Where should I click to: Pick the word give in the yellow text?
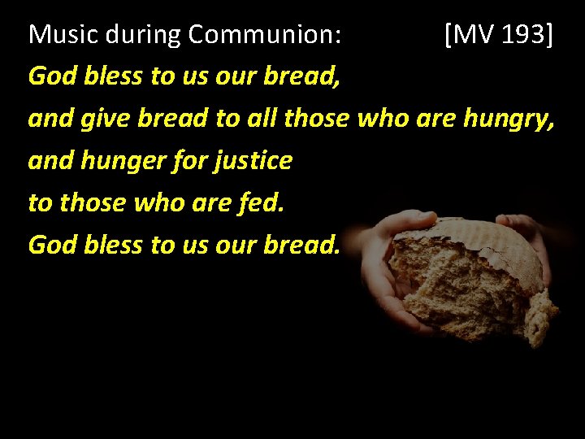point(105,119)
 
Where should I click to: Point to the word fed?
point(262,202)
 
